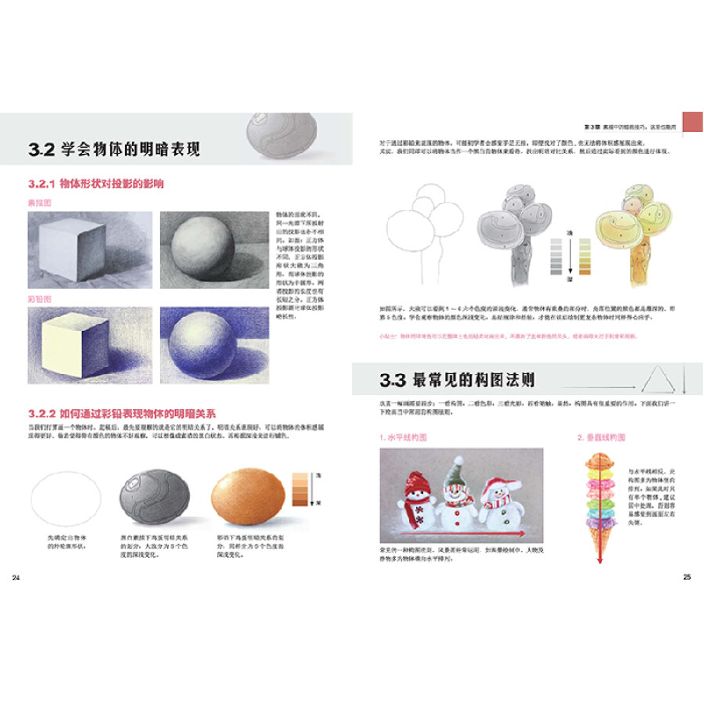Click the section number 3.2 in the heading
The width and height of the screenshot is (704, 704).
[41, 150]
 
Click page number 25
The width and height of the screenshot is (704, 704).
[687, 577]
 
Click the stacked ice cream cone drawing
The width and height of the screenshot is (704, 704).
[601, 510]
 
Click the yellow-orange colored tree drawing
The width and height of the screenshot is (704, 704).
[630, 233]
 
